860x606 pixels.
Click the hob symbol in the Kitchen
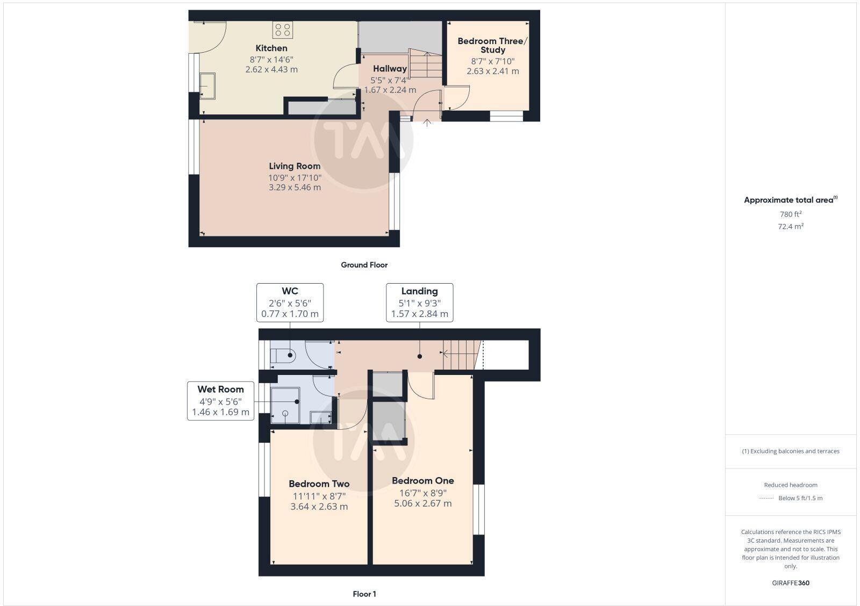coord(283,30)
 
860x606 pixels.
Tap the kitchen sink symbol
coord(207,86)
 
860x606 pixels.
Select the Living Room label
coord(295,166)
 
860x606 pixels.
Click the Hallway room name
coord(390,69)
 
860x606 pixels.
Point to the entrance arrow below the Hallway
coord(427,122)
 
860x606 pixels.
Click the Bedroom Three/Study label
coord(492,45)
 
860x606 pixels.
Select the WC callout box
coord(290,302)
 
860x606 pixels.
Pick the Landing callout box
coord(419,302)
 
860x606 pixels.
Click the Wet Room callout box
coord(220,401)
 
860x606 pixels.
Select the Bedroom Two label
coord(319,484)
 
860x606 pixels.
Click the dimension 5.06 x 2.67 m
coord(422,503)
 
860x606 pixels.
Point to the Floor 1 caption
coord(364,594)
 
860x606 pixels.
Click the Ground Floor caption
coord(364,265)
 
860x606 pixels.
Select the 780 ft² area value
coord(790,214)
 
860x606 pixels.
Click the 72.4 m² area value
coord(790,226)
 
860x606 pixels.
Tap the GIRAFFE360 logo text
coord(790,583)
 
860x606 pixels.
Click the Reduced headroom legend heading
coord(790,485)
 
